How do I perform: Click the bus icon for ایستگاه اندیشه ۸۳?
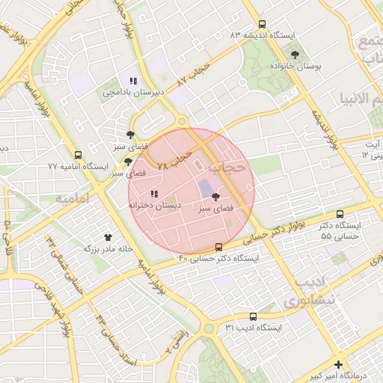(261, 25)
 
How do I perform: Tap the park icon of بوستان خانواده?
(295, 55)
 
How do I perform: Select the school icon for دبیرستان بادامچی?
(133, 81)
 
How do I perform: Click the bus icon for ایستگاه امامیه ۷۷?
(79, 155)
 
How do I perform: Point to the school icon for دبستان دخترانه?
(154, 193)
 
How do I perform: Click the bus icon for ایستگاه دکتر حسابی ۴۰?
(218, 247)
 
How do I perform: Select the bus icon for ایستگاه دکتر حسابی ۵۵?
(340, 214)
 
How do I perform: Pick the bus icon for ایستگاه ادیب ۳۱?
(253, 317)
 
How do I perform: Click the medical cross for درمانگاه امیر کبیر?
(339, 365)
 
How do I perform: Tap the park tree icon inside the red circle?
(216, 197)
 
